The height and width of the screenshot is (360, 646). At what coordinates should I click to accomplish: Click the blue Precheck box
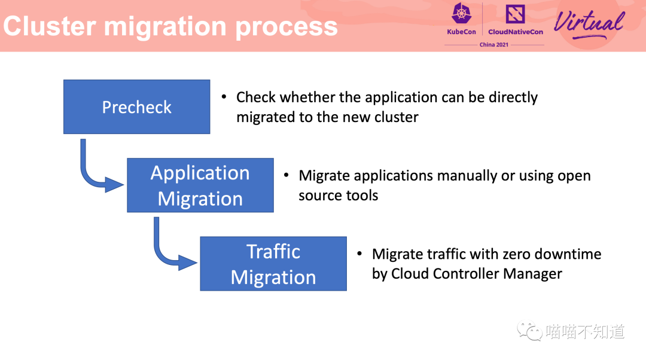(x=137, y=106)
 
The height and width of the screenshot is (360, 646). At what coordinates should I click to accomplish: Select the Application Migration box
(x=200, y=185)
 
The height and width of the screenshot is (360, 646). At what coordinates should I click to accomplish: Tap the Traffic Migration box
(x=273, y=264)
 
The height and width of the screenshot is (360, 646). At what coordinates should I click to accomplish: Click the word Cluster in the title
(x=50, y=26)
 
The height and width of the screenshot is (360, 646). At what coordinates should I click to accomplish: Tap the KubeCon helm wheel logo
(x=461, y=13)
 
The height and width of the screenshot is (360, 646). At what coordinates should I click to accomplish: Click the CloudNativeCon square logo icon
(x=515, y=14)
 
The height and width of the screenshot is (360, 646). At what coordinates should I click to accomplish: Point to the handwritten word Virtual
(x=589, y=23)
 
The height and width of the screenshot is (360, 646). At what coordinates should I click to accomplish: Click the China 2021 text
(x=494, y=44)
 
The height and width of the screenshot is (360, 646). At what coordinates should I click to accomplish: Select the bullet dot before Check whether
(x=224, y=97)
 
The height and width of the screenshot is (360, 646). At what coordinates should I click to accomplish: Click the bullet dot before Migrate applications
(x=287, y=175)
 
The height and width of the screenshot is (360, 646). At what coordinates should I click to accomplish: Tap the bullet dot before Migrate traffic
(x=359, y=254)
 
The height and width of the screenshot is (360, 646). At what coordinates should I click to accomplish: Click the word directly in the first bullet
(x=513, y=97)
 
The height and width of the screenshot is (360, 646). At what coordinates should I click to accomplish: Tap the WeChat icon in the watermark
(x=530, y=331)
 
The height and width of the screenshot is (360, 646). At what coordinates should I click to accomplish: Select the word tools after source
(x=362, y=195)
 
